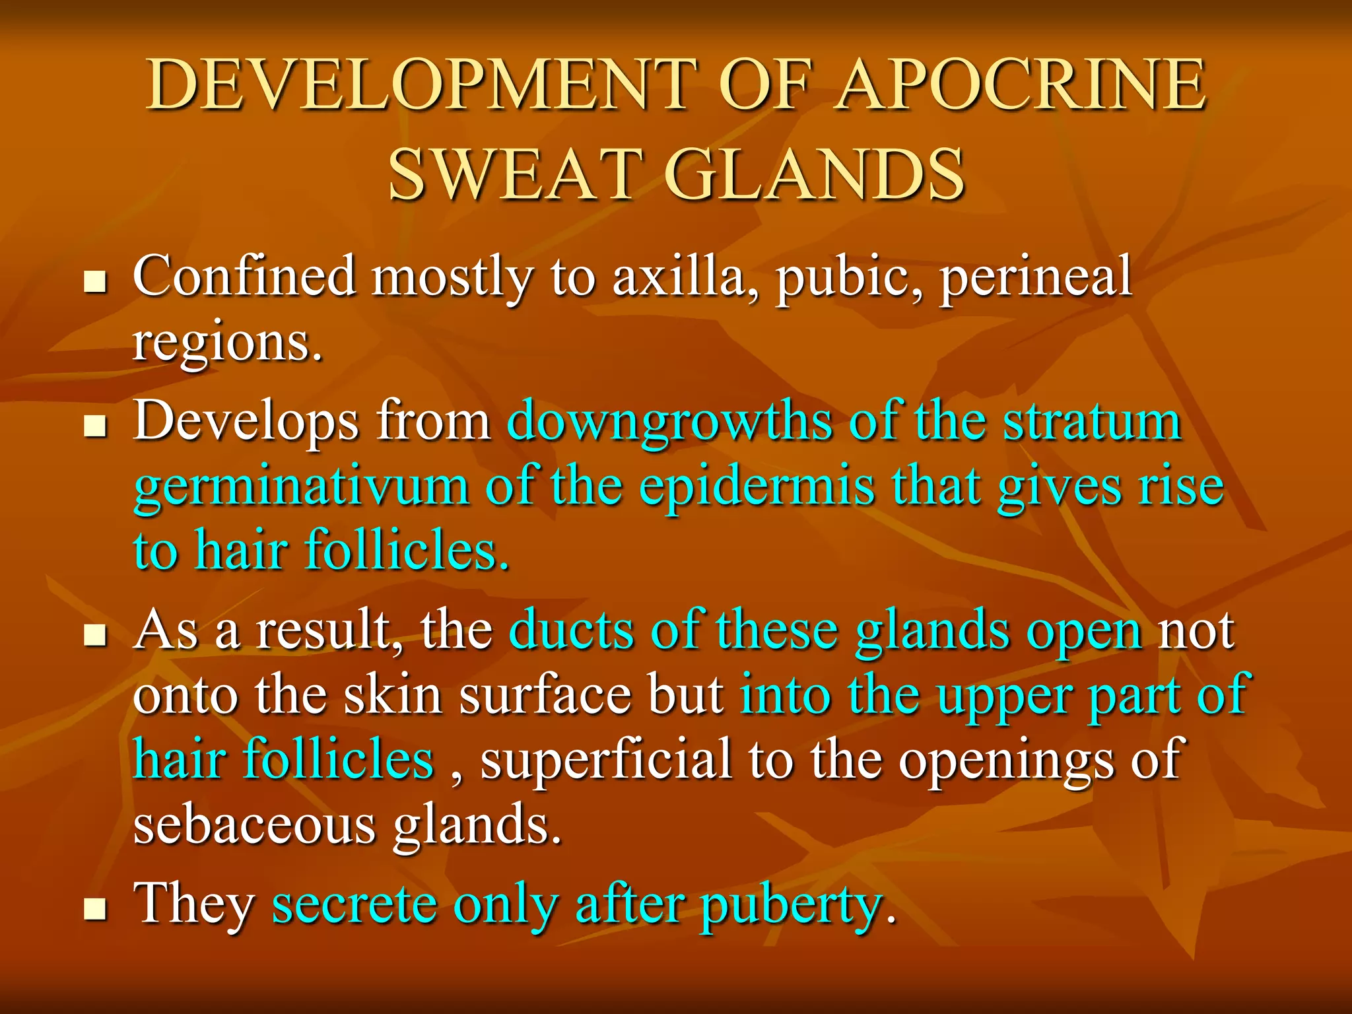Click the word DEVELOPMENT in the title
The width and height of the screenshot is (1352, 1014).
422,86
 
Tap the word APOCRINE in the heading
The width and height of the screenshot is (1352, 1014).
1020,86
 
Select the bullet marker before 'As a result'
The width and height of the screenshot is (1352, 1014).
96,636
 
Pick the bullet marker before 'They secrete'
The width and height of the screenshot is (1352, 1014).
96,909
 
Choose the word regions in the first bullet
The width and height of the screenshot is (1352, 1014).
228,344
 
